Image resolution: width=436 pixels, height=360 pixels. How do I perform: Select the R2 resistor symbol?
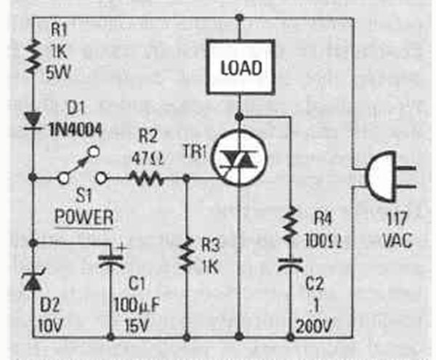coord(146,177)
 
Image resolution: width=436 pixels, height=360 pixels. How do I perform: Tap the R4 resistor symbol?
coord(290,221)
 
